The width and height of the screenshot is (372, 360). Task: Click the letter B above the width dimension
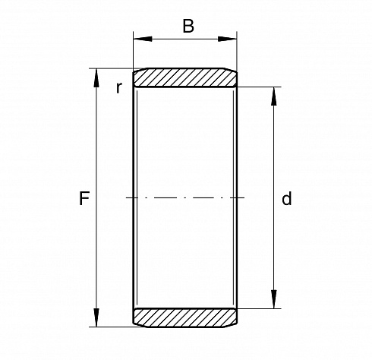coord(188,26)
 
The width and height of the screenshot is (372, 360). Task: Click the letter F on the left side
coord(84,198)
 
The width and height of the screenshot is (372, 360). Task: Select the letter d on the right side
coord(287,198)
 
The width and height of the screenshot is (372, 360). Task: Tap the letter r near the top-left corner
coord(119,88)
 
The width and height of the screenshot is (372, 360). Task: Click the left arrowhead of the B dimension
coord(143,39)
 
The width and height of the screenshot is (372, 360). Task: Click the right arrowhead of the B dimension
coord(227,39)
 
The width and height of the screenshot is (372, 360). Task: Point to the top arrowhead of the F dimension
coord(96,77)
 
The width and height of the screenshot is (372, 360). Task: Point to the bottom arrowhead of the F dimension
coord(96,317)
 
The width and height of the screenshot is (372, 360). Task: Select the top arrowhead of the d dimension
coord(274,96)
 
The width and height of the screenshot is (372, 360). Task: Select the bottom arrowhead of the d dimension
coord(274,299)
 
